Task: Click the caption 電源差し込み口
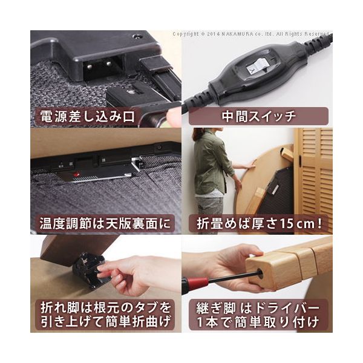[87, 116]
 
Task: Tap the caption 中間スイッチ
[258, 116]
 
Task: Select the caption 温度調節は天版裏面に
[105, 224]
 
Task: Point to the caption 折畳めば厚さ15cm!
[260, 224]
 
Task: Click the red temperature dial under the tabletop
[77, 174]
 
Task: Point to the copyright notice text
[250, 34]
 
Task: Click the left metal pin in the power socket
[89, 67]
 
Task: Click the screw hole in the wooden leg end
[261, 272]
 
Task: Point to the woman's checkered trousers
[209, 213]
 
